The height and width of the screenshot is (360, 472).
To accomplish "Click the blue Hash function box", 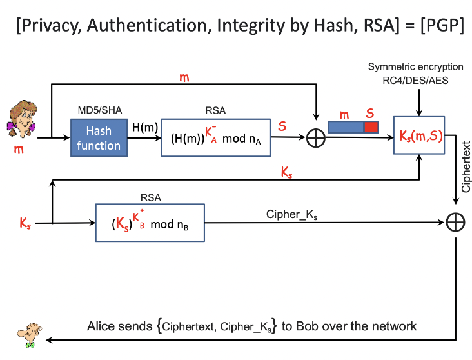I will tap(99, 137).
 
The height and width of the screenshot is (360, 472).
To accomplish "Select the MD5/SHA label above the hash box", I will tap(99, 110).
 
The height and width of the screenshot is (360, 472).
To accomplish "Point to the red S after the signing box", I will tap(282, 126).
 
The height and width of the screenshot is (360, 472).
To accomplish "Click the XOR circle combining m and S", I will tap(315, 138).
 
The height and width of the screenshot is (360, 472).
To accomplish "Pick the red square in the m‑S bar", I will tap(371, 127).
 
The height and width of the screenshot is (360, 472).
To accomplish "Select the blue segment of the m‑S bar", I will tap(346, 127).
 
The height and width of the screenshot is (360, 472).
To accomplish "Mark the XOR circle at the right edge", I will tap(456, 223).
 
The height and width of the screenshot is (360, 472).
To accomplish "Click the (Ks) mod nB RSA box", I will tap(150, 223).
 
